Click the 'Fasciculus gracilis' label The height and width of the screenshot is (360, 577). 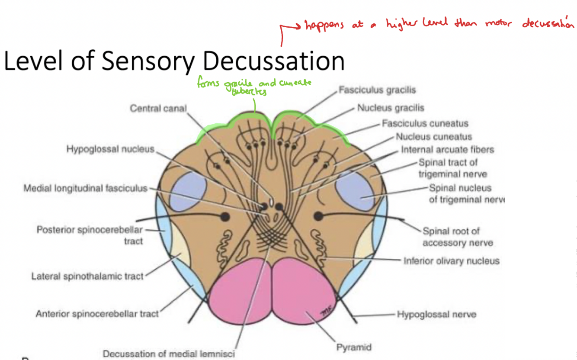click(377, 90)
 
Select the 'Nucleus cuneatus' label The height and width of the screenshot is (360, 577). click(433, 137)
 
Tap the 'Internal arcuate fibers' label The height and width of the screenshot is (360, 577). click(447, 150)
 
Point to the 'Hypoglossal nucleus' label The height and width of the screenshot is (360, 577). click(110, 149)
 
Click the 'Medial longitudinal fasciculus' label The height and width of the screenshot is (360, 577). click(85, 189)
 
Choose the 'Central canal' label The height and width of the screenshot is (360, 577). click(158, 108)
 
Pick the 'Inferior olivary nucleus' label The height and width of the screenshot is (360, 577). click(451, 261)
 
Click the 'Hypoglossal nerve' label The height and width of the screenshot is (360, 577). click(436, 315)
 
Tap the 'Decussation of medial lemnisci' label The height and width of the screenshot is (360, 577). click(169, 354)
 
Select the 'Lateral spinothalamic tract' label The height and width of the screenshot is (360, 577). click(87, 276)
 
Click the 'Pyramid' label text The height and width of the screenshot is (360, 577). click(354, 347)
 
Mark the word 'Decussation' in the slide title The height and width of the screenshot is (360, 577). click(273, 61)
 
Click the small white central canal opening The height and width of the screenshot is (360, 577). click(271, 202)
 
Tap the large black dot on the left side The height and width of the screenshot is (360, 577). click(225, 216)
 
